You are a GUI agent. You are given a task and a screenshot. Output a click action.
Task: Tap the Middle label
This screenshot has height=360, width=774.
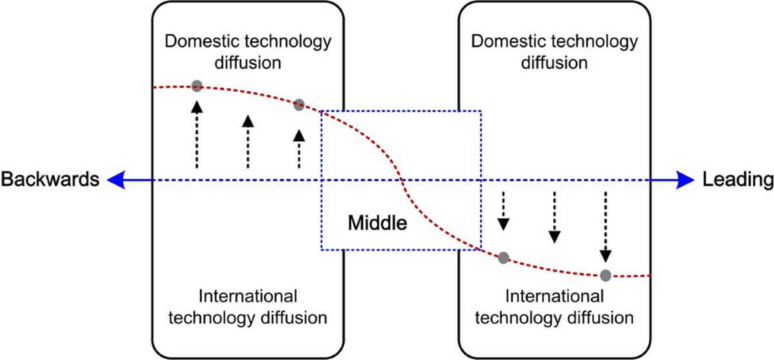(x=377, y=224)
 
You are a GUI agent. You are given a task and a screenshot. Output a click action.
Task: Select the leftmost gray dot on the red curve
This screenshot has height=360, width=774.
(x=197, y=86)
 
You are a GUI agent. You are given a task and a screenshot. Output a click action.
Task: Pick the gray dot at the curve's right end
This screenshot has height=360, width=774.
(x=605, y=275)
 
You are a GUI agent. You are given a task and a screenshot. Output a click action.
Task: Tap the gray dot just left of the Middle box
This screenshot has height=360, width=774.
(x=299, y=105)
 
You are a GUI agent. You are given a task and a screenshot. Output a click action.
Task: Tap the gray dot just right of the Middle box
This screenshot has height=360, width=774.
(x=504, y=258)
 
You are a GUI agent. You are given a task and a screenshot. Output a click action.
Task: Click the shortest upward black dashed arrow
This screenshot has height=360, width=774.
(x=299, y=149)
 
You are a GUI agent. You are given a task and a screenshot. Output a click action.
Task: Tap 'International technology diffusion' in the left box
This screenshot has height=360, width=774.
(x=248, y=306)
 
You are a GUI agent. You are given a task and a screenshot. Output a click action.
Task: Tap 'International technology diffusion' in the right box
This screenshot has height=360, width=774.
(x=555, y=306)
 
